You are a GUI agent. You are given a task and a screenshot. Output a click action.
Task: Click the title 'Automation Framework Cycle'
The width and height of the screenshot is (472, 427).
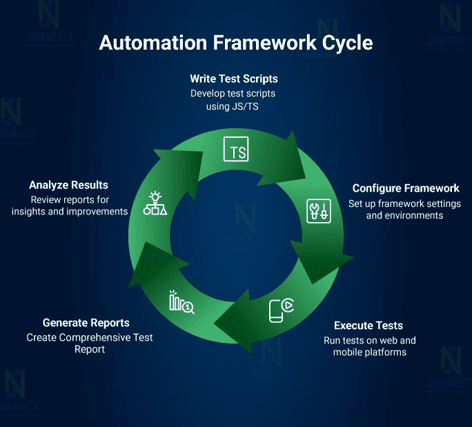tap(236, 43)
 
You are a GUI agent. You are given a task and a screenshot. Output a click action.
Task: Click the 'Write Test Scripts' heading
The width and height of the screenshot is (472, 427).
tap(235, 79)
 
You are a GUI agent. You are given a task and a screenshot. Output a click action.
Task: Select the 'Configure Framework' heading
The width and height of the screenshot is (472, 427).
tap(406, 188)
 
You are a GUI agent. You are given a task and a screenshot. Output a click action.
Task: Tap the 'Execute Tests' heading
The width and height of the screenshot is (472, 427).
tap(368, 326)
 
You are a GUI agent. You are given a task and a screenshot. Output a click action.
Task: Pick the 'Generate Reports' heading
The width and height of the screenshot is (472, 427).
tap(86, 323)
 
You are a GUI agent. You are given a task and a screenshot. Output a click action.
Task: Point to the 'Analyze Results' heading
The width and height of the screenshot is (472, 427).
tap(68, 185)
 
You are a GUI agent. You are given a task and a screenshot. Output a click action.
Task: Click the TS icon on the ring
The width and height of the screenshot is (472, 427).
tap(236, 150)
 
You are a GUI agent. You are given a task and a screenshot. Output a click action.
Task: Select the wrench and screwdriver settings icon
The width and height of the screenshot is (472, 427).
tap(318, 210)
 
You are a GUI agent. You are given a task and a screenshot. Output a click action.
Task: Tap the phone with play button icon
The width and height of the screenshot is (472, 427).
tap(280, 310)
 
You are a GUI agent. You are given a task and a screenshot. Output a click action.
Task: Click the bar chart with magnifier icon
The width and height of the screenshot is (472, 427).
tap(181, 301)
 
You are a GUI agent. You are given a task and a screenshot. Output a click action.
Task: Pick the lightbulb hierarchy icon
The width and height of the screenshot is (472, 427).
tap(155, 204)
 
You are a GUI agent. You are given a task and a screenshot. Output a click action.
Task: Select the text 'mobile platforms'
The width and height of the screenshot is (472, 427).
tap(370, 352)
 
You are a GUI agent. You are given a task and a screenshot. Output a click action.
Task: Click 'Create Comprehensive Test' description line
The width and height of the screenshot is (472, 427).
tap(90, 337)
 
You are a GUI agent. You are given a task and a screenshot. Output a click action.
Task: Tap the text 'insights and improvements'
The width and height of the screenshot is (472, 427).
tap(70, 212)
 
